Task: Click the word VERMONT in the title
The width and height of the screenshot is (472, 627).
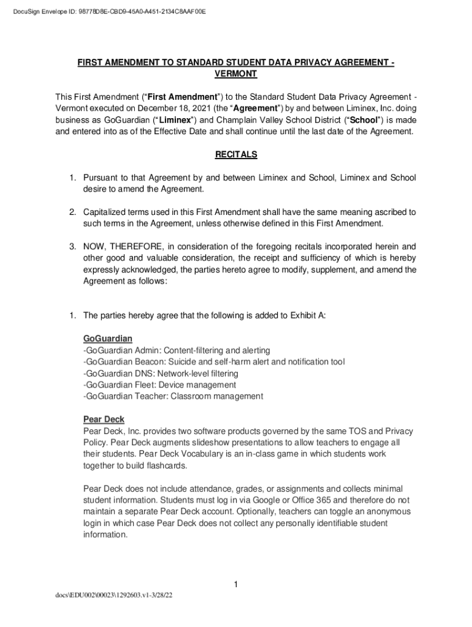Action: tap(235, 74)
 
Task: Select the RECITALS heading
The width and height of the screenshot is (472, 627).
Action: tap(236, 155)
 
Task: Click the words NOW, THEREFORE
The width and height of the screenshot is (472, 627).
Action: tap(121, 246)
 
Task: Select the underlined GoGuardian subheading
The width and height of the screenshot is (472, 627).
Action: tap(108, 339)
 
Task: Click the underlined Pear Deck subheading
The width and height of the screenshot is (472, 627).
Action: tap(104, 419)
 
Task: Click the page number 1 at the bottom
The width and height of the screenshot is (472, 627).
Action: tap(235, 585)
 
